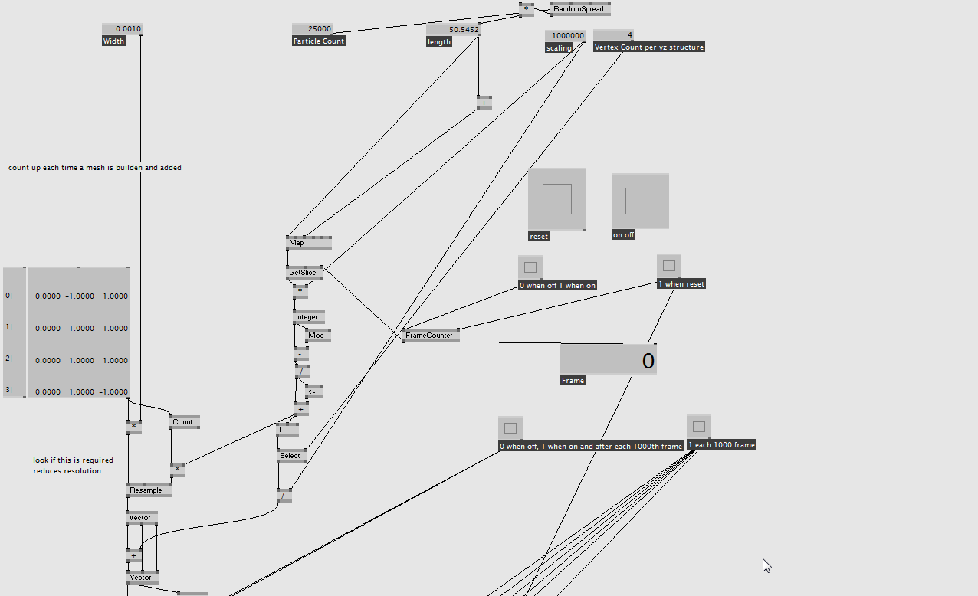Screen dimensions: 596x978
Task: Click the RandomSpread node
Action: click(580, 9)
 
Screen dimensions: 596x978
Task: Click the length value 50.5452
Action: click(453, 29)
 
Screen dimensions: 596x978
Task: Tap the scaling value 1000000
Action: click(566, 35)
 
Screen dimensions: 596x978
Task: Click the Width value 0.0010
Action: click(122, 29)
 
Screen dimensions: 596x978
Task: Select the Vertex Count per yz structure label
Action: click(648, 47)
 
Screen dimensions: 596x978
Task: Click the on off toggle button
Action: click(640, 201)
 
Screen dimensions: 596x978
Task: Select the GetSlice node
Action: click(304, 272)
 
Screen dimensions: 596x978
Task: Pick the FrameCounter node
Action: click(430, 335)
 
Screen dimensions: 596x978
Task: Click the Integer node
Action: click(308, 317)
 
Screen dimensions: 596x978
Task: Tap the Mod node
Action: click(317, 335)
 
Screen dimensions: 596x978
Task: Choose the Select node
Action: click(291, 456)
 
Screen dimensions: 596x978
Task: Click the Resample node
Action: click(148, 490)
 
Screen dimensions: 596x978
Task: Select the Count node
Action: click(184, 422)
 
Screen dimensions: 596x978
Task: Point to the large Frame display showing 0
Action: click(608, 359)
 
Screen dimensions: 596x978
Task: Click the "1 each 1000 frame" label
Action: click(721, 445)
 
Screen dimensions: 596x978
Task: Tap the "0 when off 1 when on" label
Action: click(557, 286)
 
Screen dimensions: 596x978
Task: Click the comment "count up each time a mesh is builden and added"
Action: click(95, 168)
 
